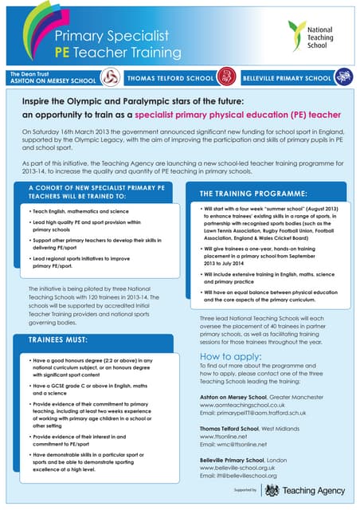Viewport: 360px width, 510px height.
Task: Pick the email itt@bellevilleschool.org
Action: tap(241, 477)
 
